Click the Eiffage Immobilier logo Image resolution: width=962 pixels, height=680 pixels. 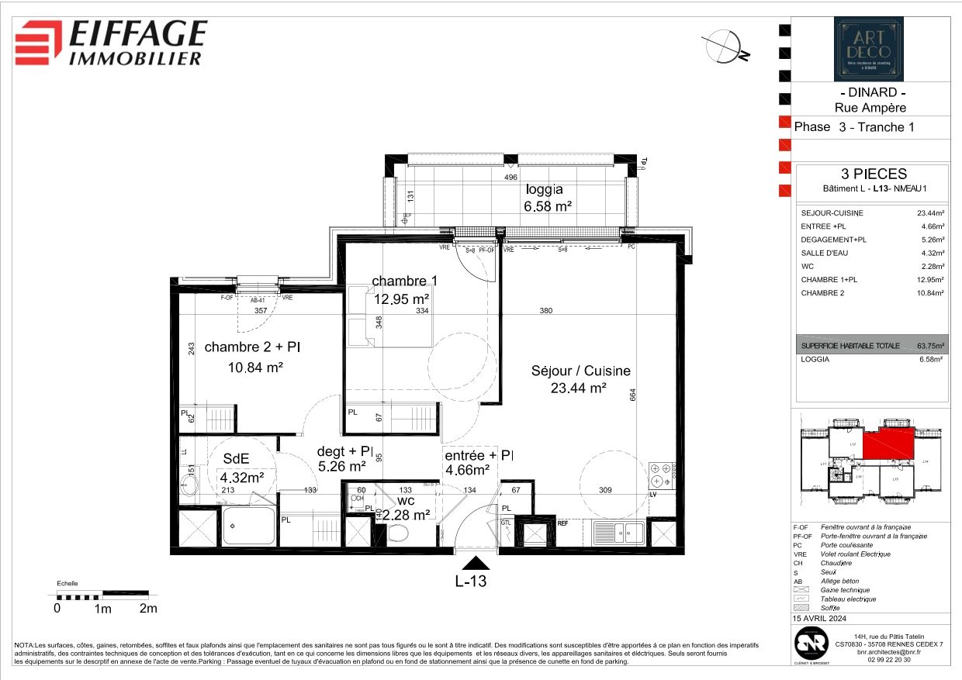pos(112,42)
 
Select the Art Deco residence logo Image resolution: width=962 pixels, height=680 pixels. pos(868,49)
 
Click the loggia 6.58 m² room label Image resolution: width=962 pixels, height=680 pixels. pos(548,198)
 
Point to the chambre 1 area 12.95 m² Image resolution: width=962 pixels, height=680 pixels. pos(400,297)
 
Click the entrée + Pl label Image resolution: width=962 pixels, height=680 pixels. pos(478,462)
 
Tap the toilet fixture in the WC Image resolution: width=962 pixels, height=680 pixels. pos(399,533)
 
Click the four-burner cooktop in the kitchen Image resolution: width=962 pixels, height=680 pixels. pos(665,474)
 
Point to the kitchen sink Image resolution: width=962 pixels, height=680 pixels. pos(618,533)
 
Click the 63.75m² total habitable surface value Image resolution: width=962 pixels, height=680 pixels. pos(930,346)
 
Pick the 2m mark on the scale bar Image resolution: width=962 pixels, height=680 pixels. pos(147,609)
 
